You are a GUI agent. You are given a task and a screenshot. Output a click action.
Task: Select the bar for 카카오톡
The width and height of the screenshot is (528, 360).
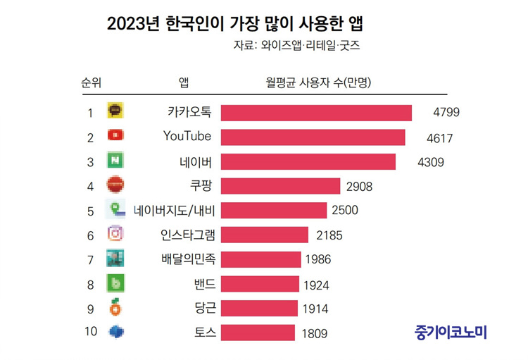click(316, 113)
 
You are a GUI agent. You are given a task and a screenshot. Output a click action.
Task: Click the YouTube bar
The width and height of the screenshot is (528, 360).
click(313, 137)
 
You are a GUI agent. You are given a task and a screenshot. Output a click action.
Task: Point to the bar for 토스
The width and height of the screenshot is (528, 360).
click(258, 333)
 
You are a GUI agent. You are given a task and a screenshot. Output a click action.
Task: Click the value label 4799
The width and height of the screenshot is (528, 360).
click(446, 113)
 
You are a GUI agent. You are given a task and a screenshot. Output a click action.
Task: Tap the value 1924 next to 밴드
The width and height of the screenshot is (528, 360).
click(316, 285)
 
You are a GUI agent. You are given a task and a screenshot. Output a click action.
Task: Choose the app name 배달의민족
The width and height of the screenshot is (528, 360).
click(184, 259)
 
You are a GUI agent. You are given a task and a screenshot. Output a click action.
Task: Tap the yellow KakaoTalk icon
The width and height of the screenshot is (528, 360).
click(115, 111)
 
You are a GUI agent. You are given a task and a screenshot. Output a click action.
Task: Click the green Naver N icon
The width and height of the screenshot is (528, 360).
click(115, 160)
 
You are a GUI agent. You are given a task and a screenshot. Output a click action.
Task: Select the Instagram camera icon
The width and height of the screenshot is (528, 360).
click(115, 234)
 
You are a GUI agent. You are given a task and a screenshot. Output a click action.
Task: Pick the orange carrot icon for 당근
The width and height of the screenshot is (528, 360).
click(115, 307)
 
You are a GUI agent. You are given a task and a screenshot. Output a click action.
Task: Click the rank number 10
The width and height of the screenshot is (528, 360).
click(90, 332)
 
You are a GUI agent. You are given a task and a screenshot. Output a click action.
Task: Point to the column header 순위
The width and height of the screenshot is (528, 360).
click(92, 82)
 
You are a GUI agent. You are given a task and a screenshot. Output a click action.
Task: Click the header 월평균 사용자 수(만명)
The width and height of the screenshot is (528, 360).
click(318, 82)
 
